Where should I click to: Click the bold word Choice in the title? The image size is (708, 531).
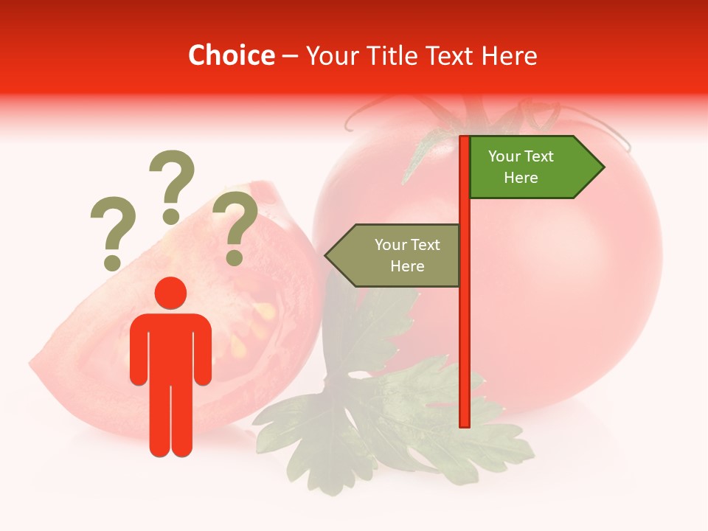pos(231,55)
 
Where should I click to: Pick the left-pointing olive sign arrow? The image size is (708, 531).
pos(394,255)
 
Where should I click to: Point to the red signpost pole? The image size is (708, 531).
pos(465,332)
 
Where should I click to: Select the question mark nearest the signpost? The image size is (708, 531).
pos(235,227)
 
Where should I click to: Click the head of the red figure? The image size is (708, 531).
pos(170,293)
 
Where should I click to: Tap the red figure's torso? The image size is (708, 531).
pos(170,347)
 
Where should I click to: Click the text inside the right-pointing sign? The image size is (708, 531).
pos(521,167)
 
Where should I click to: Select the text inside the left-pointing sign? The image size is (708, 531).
pos(406,255)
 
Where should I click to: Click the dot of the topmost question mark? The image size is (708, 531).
pos(171,216)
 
